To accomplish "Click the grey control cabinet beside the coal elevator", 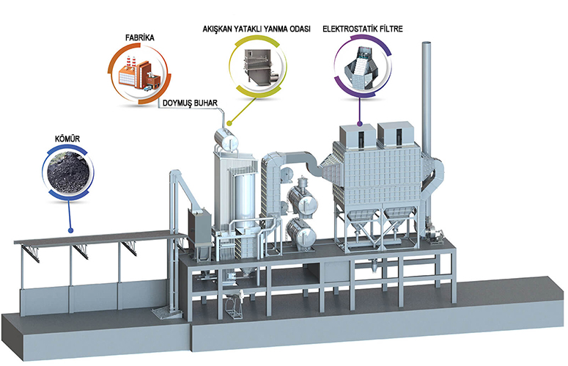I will click(x=199, y=227).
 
